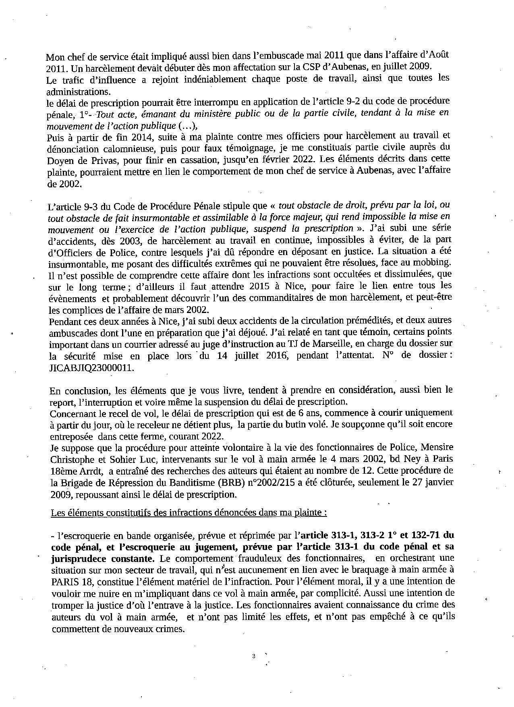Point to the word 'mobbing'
[x=434, y=263]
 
